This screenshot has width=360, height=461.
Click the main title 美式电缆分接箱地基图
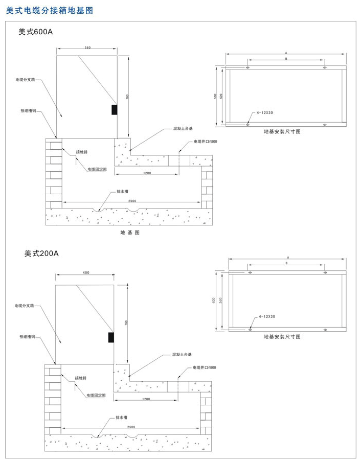50,10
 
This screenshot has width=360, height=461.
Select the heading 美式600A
35,31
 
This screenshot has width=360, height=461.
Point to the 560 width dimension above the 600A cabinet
87,48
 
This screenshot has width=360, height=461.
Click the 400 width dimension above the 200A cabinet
85,272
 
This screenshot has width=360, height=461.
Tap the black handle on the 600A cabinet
114,109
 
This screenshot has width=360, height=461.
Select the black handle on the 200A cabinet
110,337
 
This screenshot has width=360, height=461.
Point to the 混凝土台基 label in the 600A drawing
183,129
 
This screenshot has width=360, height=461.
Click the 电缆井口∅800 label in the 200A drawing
205,367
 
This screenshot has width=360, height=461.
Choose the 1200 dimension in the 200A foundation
146,399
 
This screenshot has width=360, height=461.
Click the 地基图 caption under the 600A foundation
130,233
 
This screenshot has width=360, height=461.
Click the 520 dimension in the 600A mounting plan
221,96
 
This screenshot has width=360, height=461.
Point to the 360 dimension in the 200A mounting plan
220,301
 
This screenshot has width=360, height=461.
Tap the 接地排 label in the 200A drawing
81,378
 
